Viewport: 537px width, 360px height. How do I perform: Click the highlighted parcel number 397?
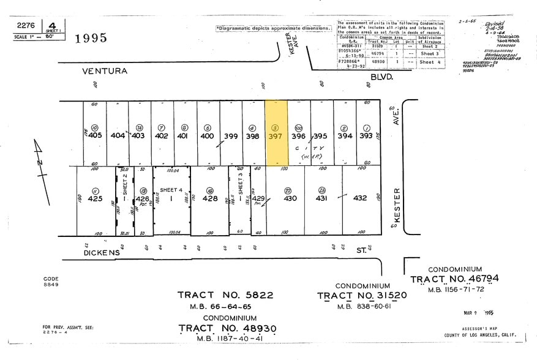(276, 136)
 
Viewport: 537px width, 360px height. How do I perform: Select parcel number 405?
(95, 136)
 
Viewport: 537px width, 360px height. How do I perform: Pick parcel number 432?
(360, 198)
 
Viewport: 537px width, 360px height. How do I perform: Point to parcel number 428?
(210, 198)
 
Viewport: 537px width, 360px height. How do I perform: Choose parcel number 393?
(366, 136)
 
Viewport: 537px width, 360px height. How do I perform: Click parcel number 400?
(207, 136)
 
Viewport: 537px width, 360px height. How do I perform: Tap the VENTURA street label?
(105, 71)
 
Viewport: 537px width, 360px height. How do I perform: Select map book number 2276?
(26, 26)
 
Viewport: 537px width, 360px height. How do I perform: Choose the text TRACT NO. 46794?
(454, 279)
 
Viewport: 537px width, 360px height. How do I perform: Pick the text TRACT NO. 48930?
(228, 329)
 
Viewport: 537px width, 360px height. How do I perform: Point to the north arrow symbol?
(40, 159)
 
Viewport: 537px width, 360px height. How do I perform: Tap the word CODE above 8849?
(50, 279)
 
